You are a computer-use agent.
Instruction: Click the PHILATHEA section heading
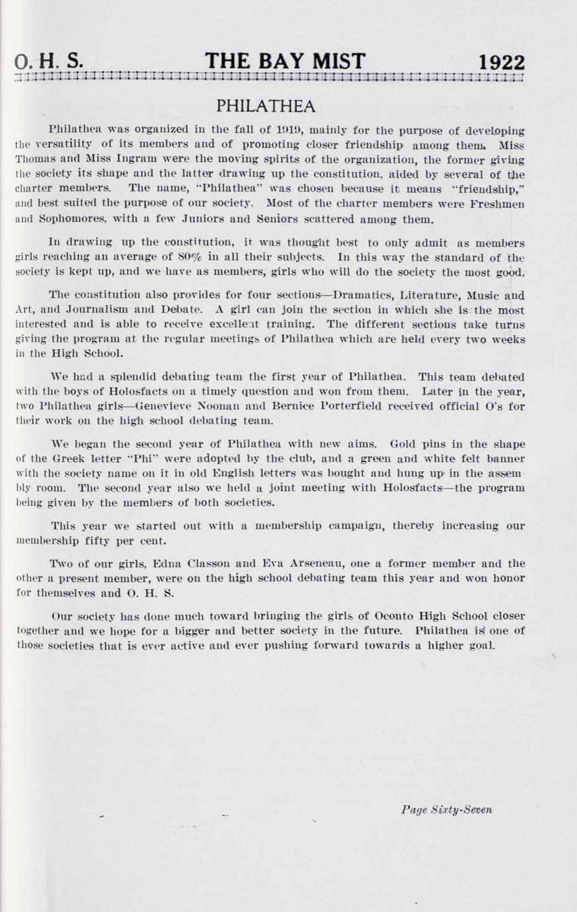point(266,106)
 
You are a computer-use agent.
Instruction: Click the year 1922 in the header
point(502,63)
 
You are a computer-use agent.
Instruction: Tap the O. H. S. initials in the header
point(49,61)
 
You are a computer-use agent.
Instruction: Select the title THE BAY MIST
point(285,61)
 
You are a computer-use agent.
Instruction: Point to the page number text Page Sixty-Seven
point(446,810)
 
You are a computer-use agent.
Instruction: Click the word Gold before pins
point(404,444)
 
